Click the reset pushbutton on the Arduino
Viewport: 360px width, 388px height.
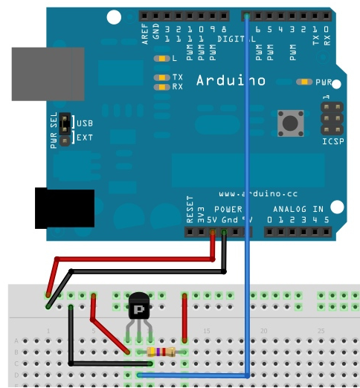click(x=288, y=121)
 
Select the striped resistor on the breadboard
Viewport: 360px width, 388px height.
click(x=162, y=352)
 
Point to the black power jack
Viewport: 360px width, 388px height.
click(x=65, y=208)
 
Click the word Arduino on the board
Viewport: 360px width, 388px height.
click(x=231, y=80)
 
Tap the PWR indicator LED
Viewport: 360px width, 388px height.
click(x=303, y=82)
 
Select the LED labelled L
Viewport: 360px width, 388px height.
click(x=160, y=58)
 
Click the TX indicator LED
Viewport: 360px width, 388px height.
click(x=160, y=77)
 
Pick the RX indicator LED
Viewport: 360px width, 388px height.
click(x=160, y=87)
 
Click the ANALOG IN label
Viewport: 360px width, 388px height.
click(x=298, y=210)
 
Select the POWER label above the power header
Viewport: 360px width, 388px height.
click(x=228, y=210)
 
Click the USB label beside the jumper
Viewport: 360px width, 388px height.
click(x=85, y=123)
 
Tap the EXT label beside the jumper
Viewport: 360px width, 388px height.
click(x=85, y=138)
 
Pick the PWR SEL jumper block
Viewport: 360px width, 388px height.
click(x=65, y=130)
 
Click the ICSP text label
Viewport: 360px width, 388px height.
click(x=332, y=140)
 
